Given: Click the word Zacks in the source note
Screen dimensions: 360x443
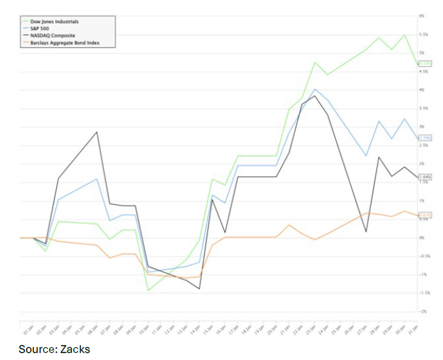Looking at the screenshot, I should [x=76, y=349].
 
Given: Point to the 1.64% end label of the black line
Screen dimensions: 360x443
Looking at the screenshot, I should [x=424, y=177].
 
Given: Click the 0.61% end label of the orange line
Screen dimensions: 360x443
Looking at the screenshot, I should [x=424, y=215].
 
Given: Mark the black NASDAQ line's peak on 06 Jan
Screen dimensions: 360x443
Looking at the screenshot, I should [x=97, y=132].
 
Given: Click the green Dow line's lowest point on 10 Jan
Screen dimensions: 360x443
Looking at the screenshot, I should [x=149, y=291].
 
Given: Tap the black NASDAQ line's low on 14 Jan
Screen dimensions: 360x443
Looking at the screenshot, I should [x=200, y=289].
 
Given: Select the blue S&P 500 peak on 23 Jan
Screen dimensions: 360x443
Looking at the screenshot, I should [x=314, y=89].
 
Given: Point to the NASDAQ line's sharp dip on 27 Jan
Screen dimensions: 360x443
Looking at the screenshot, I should [x=366, y=231].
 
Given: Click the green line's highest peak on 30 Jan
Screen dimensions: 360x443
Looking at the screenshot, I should [x=404, y=35].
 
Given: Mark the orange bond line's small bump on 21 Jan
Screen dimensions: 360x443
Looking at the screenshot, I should [x=289, y=225].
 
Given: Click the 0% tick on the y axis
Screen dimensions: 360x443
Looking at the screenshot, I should [x=422, y=238].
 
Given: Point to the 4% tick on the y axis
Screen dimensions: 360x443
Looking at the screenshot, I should [x=422, y=90].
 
